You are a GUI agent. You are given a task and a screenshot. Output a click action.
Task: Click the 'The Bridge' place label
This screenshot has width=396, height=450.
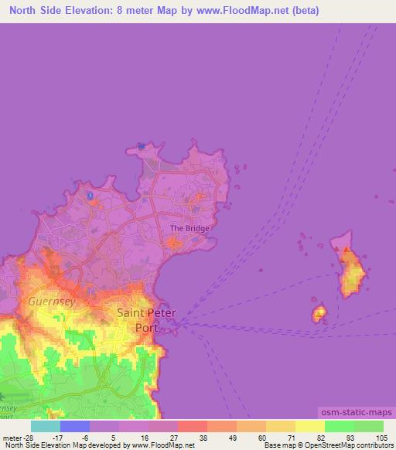[189, 228]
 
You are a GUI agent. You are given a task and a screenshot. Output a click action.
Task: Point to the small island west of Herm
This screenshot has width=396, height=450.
[319, 313]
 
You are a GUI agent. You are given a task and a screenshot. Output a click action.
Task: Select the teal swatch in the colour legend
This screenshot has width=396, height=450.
[46, 426]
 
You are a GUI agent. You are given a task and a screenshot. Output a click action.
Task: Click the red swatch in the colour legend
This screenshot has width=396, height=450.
[192, 426]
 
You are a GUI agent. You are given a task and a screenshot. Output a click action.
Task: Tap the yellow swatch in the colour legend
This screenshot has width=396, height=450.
[309, 426]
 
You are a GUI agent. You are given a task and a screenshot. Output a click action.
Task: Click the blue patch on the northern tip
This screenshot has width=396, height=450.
[141, 145]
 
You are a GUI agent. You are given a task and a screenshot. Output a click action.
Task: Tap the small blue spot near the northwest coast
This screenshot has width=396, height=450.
[90, 196]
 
